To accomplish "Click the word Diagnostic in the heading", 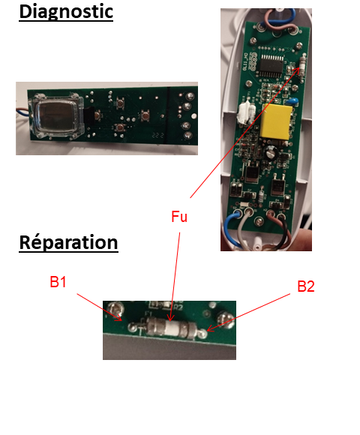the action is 66,12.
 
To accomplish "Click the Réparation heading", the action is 68,242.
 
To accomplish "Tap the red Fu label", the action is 179,217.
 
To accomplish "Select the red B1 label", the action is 58,282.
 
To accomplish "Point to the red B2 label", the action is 306,286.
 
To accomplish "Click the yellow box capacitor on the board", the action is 276,121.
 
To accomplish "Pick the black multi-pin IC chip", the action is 271,66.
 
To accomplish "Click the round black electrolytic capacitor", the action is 269,153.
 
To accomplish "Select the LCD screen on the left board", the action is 58,116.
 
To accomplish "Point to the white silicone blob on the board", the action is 246,113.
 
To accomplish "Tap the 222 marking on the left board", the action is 157,135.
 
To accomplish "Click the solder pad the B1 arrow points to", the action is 133,327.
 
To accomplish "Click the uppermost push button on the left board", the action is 120,103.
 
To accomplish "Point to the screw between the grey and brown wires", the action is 259,221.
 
